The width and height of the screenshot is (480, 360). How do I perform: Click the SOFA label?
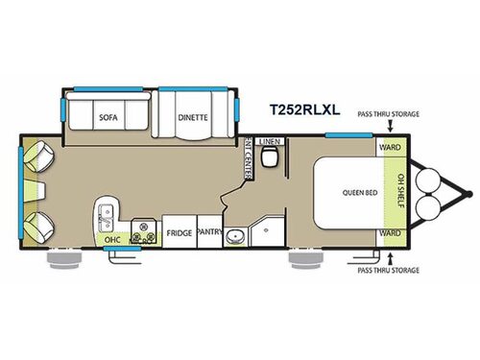click(x=108, y=118)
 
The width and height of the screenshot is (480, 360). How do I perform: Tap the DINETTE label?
click(x=193, y=118)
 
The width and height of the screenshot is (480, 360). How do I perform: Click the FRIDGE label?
click(x=179, y=232)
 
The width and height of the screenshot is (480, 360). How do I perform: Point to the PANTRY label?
click(x=209, y=232)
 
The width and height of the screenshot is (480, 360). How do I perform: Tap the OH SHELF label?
click(x=395, y=190)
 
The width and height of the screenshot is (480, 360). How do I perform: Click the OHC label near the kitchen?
click(x=111, y=237)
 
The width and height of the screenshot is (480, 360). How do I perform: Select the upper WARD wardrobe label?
click(x=390, y=147)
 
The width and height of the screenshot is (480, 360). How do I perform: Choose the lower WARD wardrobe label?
click(x=390, y=232)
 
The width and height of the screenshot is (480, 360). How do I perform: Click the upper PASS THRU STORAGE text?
click(x=388, y=113)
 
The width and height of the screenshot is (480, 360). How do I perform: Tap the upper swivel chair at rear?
click(x=35, y=156)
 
